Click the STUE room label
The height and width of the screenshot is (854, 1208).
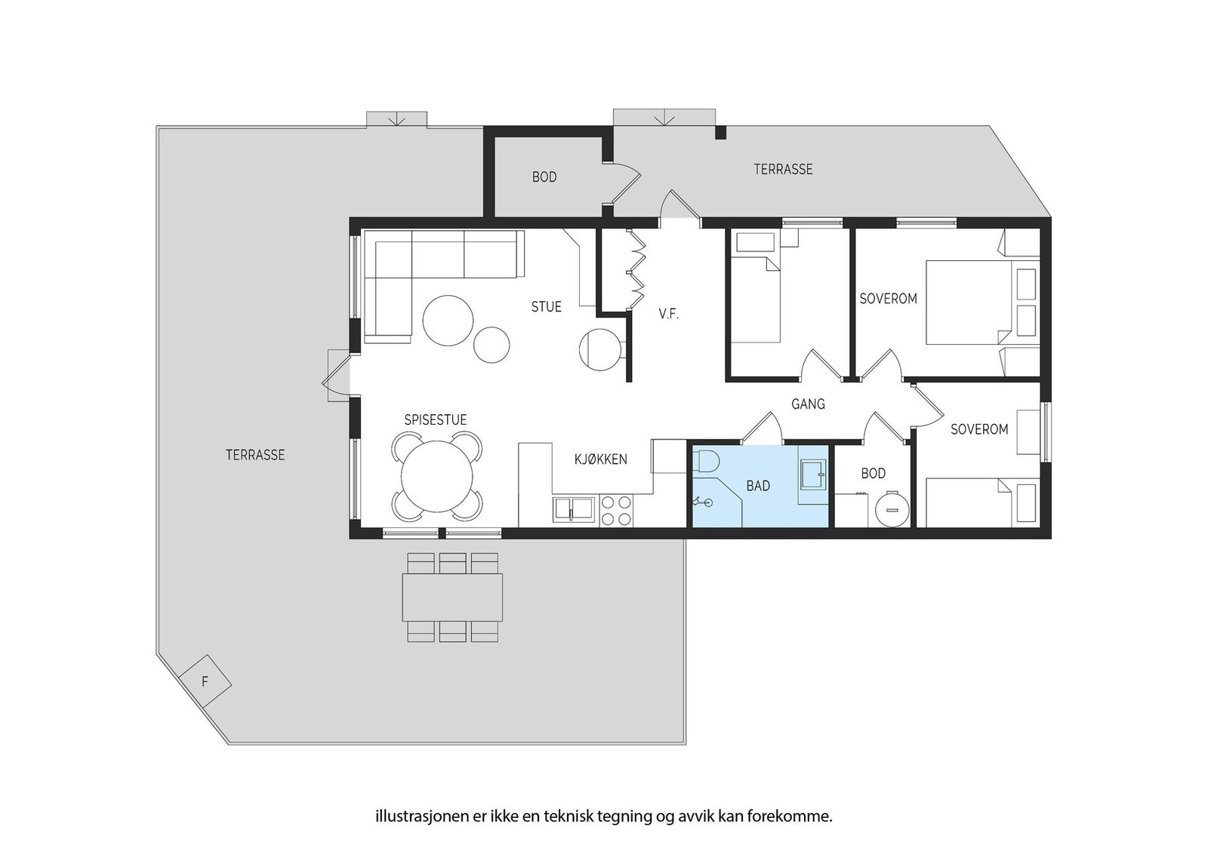click(547, 306)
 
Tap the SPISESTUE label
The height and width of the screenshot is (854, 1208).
click(436, 419)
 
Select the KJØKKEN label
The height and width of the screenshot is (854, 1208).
click(601, 459)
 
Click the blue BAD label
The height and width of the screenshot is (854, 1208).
click(758, 486)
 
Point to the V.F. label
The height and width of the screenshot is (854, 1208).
click(669, 314)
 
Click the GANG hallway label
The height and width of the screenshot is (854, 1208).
click(808, 404)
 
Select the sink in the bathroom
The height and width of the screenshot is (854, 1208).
click(813, 475)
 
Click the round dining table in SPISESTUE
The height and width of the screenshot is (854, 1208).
click(437, 476)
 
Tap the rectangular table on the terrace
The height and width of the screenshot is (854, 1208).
click(452, 597)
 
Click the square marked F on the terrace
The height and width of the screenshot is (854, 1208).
click(205, 681)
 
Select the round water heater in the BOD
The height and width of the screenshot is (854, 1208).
click(892, 508)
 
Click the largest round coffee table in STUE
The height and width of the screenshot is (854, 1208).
click(448, 321)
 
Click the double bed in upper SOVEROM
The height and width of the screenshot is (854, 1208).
click(982, 303)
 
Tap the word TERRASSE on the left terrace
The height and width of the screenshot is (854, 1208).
click(255, 455)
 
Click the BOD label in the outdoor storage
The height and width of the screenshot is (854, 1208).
click(544, 177)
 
